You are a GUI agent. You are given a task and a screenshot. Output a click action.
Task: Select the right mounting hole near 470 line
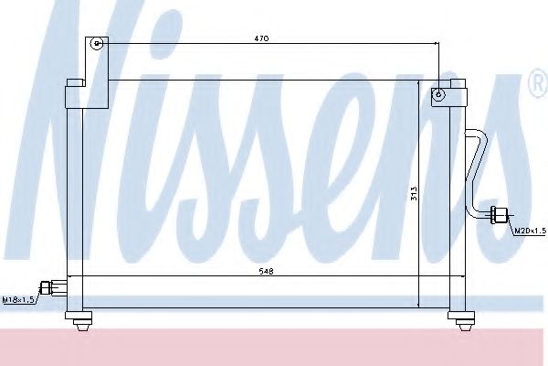439,92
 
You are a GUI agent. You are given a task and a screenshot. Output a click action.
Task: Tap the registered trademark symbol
535,85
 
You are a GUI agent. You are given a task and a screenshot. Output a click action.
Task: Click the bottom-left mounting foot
79,318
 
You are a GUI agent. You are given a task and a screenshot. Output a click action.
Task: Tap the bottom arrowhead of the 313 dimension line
419,305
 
